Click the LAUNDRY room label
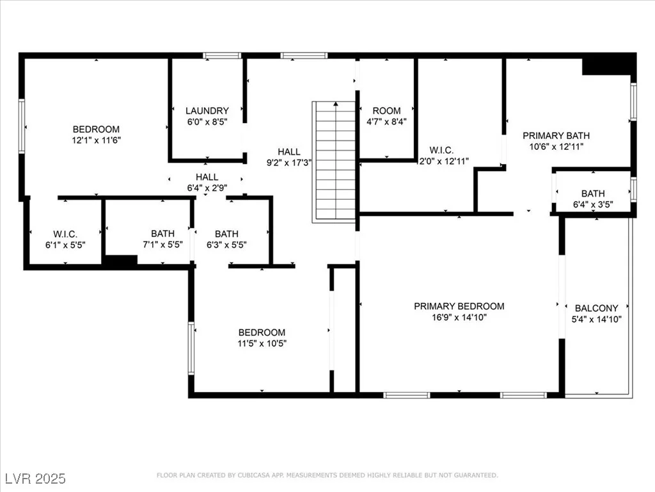207,111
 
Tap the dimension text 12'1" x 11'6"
96,140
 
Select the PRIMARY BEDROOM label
459,306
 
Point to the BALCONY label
597,308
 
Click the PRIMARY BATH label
556,136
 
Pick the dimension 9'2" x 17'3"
289,163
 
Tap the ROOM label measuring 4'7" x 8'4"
386,111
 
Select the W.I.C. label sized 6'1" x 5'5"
65,234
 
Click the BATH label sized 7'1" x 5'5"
163,234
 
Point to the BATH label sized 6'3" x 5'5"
227,234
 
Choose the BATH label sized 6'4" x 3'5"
593,193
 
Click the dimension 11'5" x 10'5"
262,343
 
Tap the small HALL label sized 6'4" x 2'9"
207,177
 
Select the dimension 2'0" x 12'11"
444,161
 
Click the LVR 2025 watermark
36,479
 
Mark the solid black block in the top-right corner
609,64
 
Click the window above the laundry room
222,56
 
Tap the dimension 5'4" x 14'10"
597,319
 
